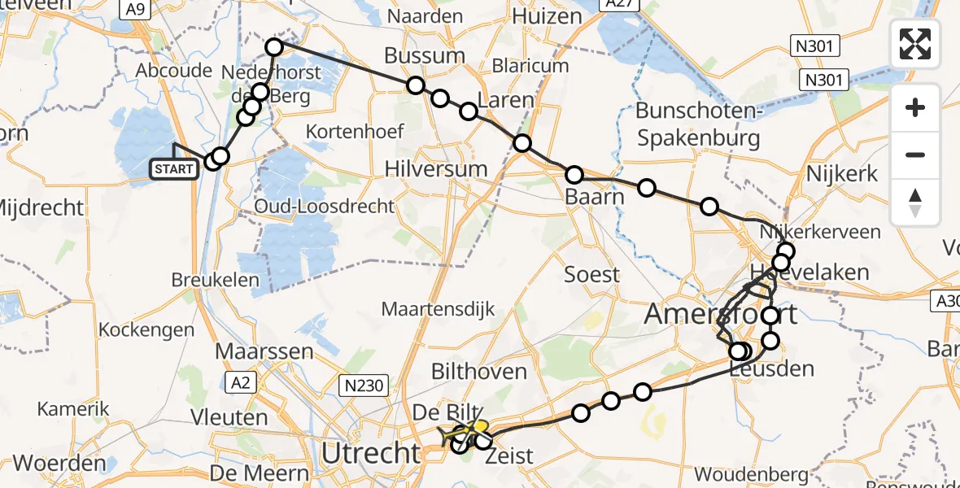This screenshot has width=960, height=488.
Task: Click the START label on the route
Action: [174, 169]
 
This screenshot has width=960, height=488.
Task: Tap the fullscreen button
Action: [915, 43]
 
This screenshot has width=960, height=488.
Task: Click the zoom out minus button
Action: [915, 155]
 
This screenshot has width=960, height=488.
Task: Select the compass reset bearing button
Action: [915, 202]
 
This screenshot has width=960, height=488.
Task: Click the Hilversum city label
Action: [437, 169]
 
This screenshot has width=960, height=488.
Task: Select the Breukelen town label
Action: [215, 281]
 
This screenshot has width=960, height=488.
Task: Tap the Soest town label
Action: [591, 275]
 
